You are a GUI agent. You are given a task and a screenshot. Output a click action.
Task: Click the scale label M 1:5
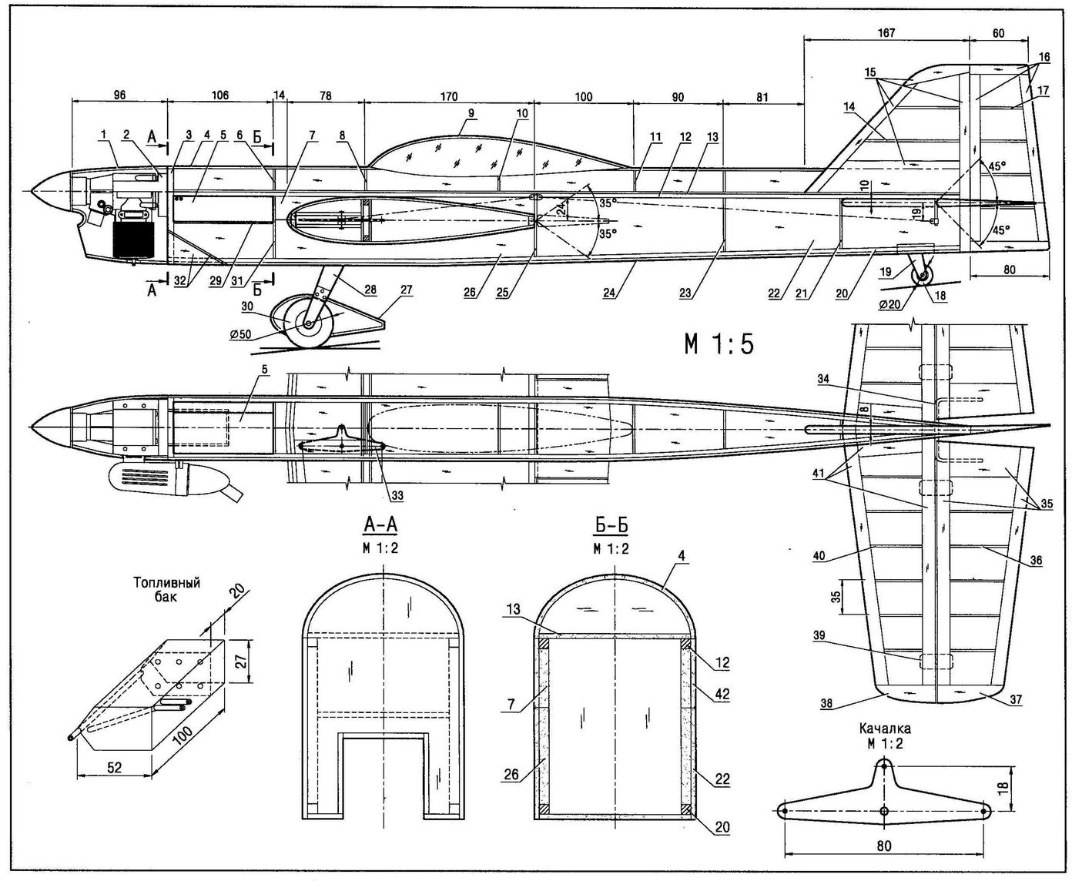[719, 345]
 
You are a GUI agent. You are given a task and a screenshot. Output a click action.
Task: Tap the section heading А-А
[380, 524]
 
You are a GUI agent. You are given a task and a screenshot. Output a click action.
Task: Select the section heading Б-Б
[611, 524]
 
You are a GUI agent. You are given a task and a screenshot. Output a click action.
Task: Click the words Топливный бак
[166, 589]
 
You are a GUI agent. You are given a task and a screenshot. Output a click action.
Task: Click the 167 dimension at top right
[886, 33]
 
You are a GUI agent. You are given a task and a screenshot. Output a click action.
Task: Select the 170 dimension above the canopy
[449, 96]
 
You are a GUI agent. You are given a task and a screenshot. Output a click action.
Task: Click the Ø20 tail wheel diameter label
[889, 304]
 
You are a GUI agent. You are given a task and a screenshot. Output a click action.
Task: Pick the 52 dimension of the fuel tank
[115, 767]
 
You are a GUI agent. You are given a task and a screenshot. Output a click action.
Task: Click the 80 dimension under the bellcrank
[884, 846]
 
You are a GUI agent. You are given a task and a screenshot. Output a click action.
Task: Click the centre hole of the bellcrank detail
[884, 811]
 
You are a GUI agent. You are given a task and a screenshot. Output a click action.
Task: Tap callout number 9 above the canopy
[471, 113]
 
